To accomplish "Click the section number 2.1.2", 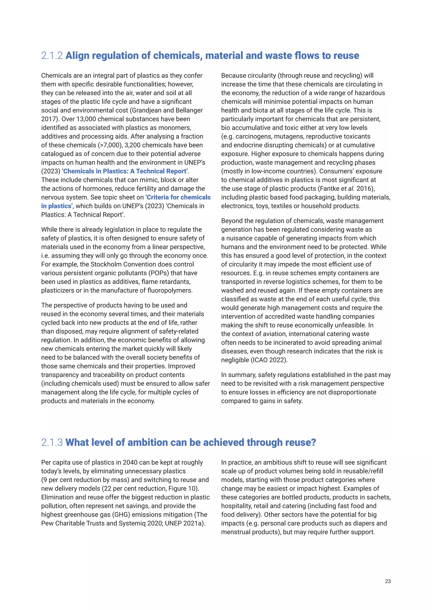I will [x=52, y=56].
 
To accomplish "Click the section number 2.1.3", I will [x=52, y=442].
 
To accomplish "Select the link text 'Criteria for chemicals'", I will [x=178, y=197].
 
